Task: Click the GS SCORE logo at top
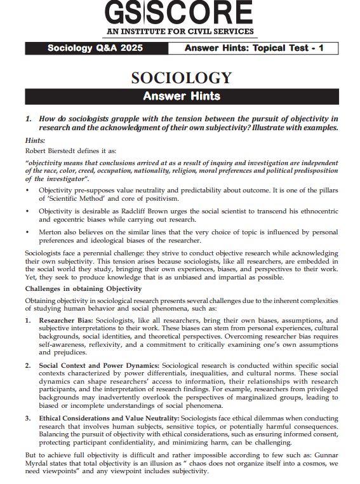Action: tap(180, 14)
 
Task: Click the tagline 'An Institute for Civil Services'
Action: tap(180, 31)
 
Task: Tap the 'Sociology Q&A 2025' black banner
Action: tap(95, 48)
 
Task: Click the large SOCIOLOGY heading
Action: tap(180, 77)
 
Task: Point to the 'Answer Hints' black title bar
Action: tap(180, 96)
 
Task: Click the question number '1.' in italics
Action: tap(29, 119)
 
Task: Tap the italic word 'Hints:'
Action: tap(35, 140)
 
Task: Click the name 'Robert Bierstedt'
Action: tap(50, 151)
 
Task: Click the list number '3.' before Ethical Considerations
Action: tap(29, 419)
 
